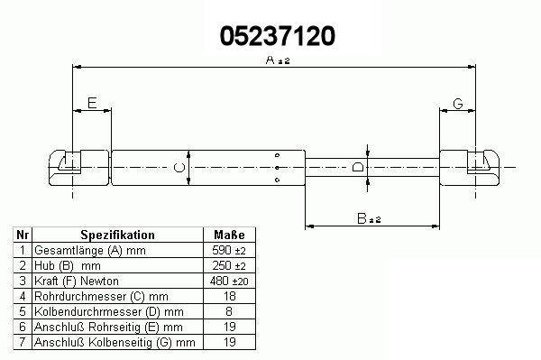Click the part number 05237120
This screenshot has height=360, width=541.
[x=278, y=36]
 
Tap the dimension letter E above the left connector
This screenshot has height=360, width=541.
[x=92, y=103]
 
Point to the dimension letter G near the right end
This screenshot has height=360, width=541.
[x=458, y=104]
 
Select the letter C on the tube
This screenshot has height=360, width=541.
[x=179, y=168]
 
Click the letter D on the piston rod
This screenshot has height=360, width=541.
[x=358, y=168]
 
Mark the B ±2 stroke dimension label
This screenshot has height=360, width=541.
[x=369, y=218]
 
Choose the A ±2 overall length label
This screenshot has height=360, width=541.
[x=278, y=60]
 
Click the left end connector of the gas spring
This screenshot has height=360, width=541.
[x=79, y=168]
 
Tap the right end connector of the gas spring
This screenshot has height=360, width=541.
[x=470, y=168]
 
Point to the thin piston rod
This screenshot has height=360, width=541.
[x=372, y=168]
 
